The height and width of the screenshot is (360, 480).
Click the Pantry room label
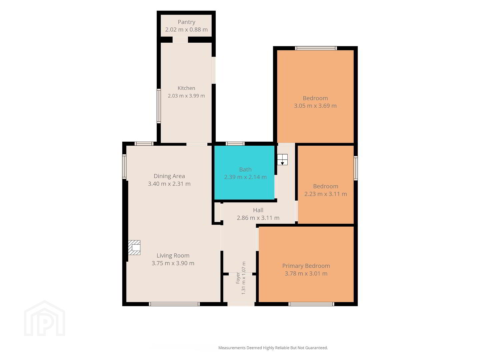[186, 22]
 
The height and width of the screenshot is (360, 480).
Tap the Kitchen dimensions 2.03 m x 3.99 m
[186, 96]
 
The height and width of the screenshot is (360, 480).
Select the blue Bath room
[244, 173]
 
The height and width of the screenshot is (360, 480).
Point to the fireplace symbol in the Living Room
[134, 247]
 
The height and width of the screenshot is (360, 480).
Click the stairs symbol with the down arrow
[282, 160]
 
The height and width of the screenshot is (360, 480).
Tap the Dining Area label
[169, 176]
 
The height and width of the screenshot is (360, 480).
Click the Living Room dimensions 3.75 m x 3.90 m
[173, 263]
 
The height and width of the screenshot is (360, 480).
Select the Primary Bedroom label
[306, 266]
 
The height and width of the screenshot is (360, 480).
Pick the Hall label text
[258, 210]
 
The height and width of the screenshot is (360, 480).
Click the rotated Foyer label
[238, 278]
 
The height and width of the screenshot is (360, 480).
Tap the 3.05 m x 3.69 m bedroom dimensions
[315, 106]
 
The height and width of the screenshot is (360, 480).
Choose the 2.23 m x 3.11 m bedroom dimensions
[326, 194]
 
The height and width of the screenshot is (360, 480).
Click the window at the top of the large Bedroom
[316, 48]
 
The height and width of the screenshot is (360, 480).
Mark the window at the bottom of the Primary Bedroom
[311, 304]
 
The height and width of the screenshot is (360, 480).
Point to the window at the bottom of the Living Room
[174, 304]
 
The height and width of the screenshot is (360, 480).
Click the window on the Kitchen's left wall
[159, 106]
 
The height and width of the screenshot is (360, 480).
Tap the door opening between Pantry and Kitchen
[180, 40]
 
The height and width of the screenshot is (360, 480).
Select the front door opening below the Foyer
[241, 304]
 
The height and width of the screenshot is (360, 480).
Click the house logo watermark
[45, 318]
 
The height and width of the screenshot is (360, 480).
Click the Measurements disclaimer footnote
[273, 348]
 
